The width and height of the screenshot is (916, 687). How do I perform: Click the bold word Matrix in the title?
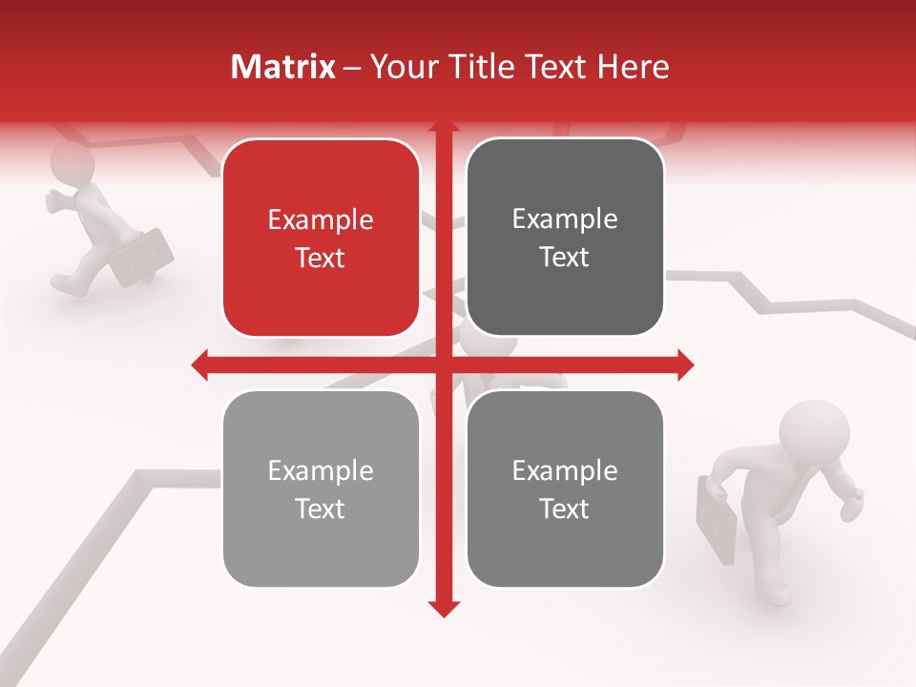(x=282, y=67)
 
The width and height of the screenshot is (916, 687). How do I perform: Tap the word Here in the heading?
(x=634, y=67)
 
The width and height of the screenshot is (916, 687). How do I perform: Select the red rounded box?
(x=321, y=239)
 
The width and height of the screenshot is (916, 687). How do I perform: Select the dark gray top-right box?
(x=565, y=238)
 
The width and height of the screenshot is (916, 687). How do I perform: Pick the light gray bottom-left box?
(x=321, y=489)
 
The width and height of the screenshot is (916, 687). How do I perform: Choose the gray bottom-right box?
(x=565, y=489)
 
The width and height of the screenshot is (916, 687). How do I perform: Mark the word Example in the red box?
(x=321, y=220)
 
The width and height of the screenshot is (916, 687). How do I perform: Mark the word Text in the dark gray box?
(x=565, y=258)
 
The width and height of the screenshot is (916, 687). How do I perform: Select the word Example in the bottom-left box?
(x=321, y=471)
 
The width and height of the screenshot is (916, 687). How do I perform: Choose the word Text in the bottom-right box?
(x=565, y=510)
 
